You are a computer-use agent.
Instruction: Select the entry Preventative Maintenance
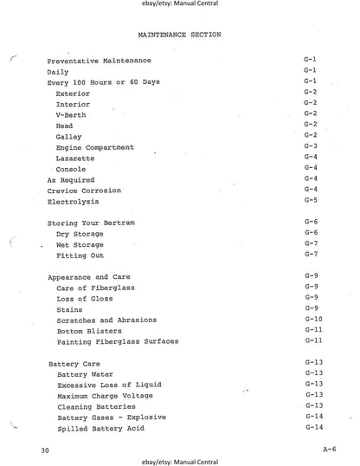point(99,61)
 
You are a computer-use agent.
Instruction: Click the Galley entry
point(69,137)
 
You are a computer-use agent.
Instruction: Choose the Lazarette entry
point(74,159)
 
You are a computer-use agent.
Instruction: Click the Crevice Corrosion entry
point(84,191)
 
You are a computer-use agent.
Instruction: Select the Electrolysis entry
point(72,201)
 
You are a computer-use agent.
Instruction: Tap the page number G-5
point(311,200)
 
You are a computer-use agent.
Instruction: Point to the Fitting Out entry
point(80,256)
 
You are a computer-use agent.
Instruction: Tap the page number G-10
point(312,319)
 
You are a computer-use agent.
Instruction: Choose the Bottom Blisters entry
point(87,331)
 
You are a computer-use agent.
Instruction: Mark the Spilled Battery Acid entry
point(99,429)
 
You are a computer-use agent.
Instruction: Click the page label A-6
point(328,450)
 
